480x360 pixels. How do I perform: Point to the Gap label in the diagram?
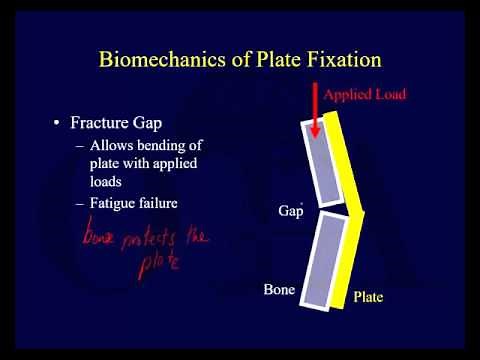pyautogui.click(x=290, y=212)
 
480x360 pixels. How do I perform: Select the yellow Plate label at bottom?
pyautogui.click(x=369, y=297)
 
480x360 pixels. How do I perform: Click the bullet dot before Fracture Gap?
pyautogui.click(x=56, y=126)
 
